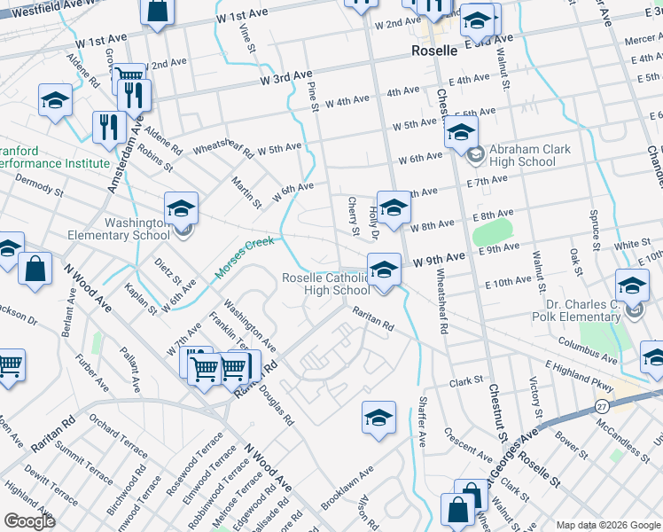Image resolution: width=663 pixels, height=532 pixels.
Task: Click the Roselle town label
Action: [434, 51]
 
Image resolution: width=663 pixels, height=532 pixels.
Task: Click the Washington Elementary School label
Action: [120, 229]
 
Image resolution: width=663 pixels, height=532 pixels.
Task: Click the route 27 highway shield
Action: [601, 405]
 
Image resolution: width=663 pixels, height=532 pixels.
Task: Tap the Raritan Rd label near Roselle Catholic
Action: [372, 319]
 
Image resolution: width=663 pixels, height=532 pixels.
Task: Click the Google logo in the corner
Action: [29, 520]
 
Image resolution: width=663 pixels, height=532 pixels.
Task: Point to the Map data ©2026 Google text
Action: [607, 525]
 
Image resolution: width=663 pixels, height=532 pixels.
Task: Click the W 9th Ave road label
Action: [440, 258]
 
